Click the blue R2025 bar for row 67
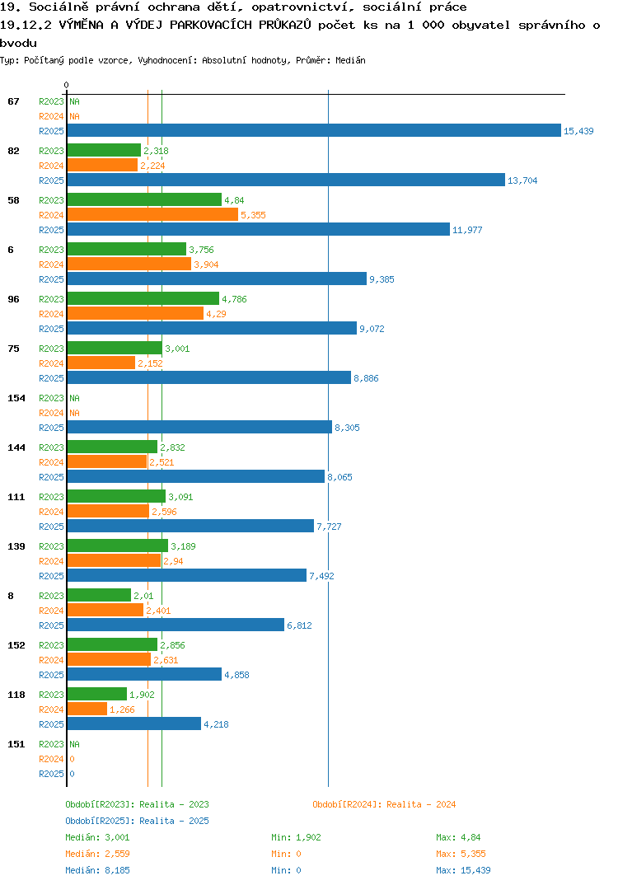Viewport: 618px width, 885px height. [x=314, y=130]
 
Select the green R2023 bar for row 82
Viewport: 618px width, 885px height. [x=104, y=150]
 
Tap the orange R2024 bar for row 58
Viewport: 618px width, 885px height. [x=152, y=214]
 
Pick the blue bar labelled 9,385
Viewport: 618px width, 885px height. [x=217, y=279]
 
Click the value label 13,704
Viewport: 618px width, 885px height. [x=522, y=180]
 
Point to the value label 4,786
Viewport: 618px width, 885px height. [x=234, y=299]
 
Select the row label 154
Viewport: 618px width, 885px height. [x=16, y=398]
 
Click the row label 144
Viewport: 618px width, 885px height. [x=16, y=447]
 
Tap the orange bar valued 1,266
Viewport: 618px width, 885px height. [x=87, y=709]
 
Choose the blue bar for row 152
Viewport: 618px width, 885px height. [x=144, y=674]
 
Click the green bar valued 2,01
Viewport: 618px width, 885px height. [x=99, y=595]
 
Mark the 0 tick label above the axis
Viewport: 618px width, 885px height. [x=66, y=85]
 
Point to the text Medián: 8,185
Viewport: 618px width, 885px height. [x=97, y=870]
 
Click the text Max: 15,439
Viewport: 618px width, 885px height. [x=463, y=870]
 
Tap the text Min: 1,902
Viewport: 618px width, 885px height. [x=296, y=837]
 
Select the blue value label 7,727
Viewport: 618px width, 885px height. [x=329, y=527]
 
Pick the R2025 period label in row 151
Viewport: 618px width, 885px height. [x=51, y=774]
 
